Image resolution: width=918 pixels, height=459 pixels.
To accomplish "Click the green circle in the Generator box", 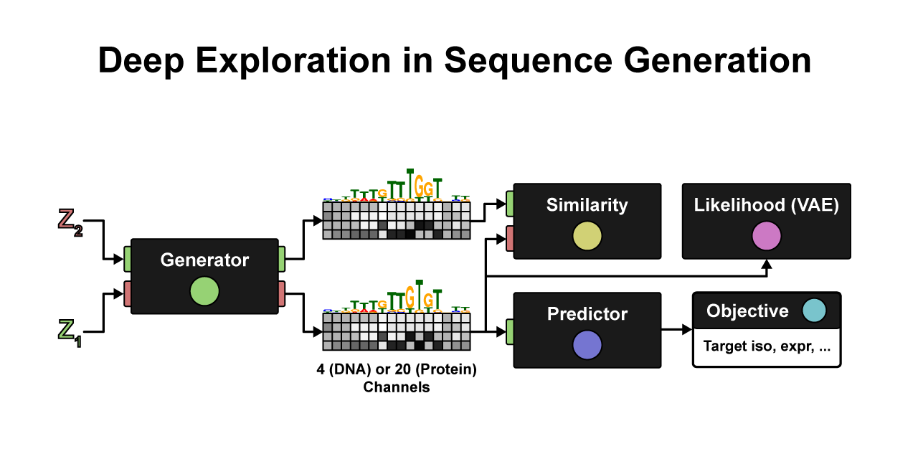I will (x=204, y=292).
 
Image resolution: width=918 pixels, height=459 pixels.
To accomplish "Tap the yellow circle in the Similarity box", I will (x=587, y=237).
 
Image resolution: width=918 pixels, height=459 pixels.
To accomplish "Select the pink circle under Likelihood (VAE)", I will (x=766, y=237).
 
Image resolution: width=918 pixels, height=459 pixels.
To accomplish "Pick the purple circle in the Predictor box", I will (x=587, y=346).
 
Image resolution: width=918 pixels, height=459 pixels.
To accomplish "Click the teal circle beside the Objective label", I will (x=814, y=311).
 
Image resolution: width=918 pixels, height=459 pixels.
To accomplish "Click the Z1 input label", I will (x=70, y=332).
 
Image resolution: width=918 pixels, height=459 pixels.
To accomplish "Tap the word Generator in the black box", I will (x=204, y=260).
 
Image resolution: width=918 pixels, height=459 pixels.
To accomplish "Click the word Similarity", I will (x=587, y=205).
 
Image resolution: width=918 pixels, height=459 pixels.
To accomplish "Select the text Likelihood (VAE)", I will (x=766, y=205).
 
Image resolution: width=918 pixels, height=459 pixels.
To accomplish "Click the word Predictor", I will (x=587, y=314).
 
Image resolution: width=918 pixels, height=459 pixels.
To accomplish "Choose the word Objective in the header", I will (x=747, y=311).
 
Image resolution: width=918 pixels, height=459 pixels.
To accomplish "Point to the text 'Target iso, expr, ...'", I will (x=767, y=346).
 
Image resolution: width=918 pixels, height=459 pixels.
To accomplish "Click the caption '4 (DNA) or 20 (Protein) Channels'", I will (x=397, y=379).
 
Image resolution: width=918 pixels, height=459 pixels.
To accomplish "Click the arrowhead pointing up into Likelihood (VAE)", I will (x=766, y=265).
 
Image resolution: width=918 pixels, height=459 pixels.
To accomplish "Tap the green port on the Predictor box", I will (x=510, y=331).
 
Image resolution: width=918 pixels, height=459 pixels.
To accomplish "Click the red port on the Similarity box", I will (x=510, y=238).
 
